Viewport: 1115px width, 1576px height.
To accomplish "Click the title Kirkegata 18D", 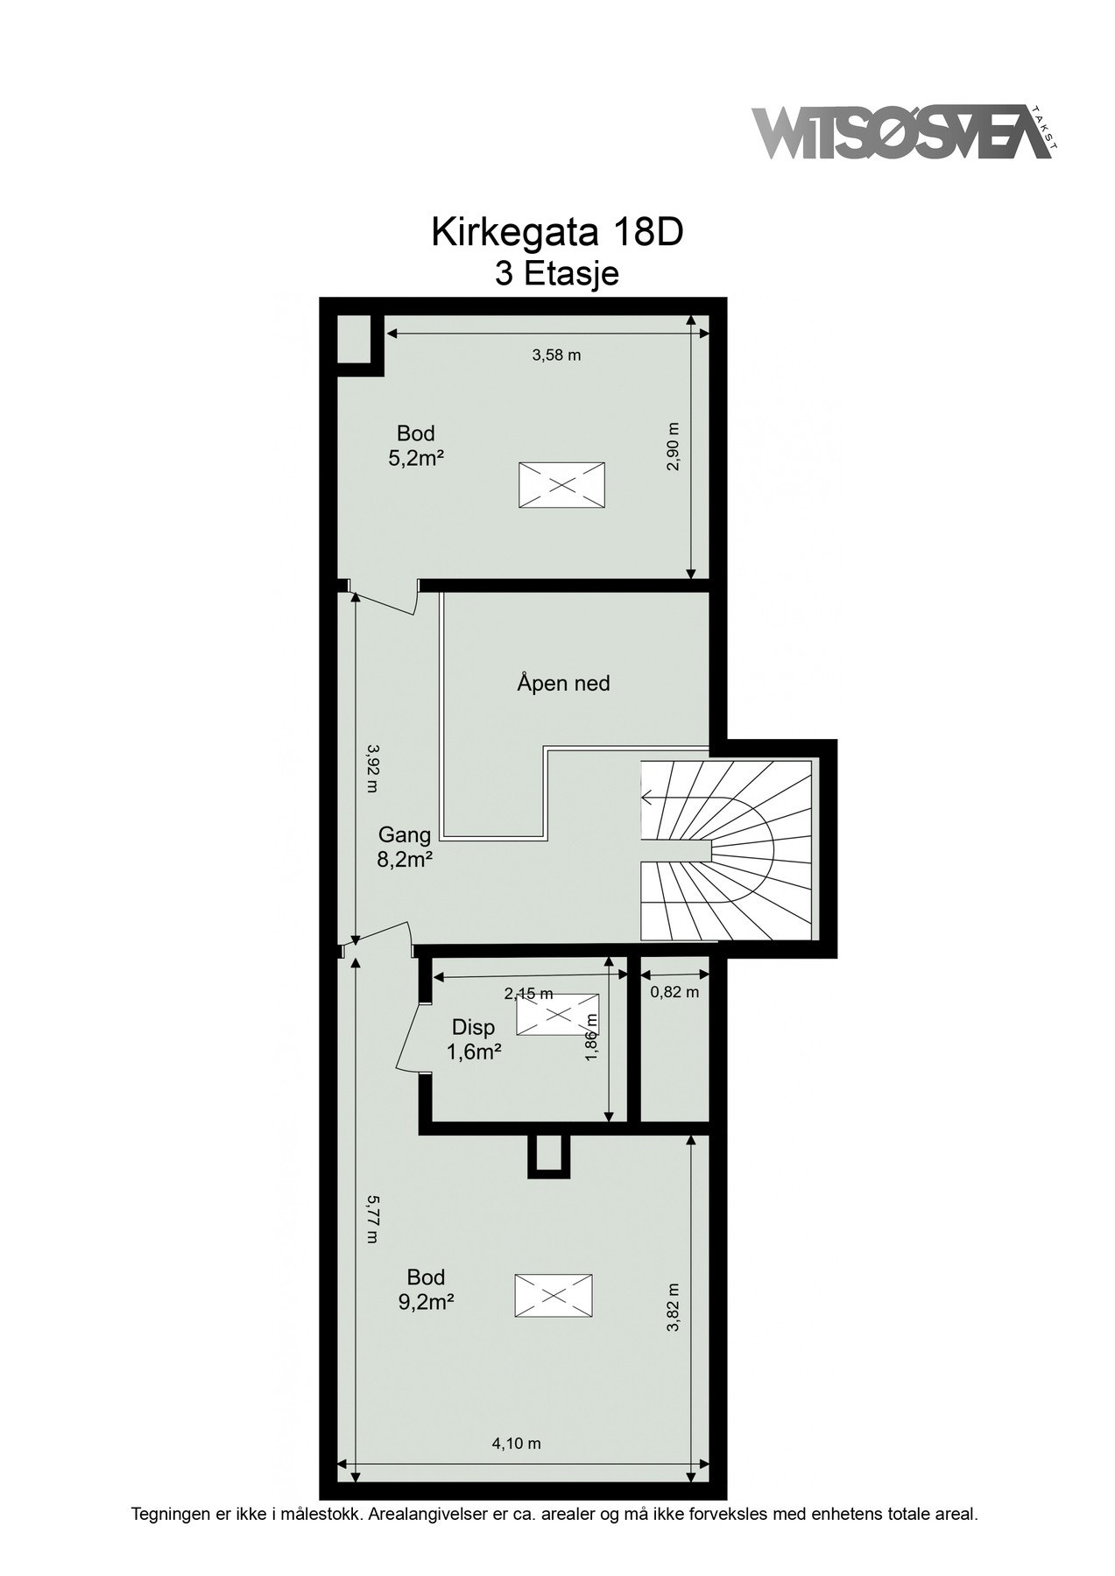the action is tap(556, 233).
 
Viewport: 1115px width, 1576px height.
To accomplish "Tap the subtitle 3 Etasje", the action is tap(557, 274).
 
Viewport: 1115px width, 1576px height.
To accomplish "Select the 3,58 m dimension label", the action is tap(557, 355).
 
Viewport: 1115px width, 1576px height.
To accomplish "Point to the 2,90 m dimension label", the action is tap(673, 447).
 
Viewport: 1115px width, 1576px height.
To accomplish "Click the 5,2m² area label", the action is tap(415, 457).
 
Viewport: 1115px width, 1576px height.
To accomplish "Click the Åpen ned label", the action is tap(562, 683).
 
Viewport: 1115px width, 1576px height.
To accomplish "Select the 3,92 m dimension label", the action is tap(371, 768).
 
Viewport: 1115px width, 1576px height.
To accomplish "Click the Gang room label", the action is tap(405, 834).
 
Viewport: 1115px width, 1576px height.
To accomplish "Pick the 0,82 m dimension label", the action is tap(674, 992).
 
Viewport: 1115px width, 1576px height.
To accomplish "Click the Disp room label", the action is tap(474, 1027).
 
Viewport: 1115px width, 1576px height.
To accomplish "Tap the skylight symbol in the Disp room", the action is tap(558, 1015).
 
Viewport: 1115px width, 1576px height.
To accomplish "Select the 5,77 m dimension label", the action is tap(372, 1219).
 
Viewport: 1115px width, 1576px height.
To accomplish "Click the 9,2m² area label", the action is tap(426, 1302).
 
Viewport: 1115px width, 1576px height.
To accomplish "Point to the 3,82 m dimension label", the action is tap(673, 1308).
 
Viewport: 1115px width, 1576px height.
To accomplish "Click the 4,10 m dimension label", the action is tap(516, 1444).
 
